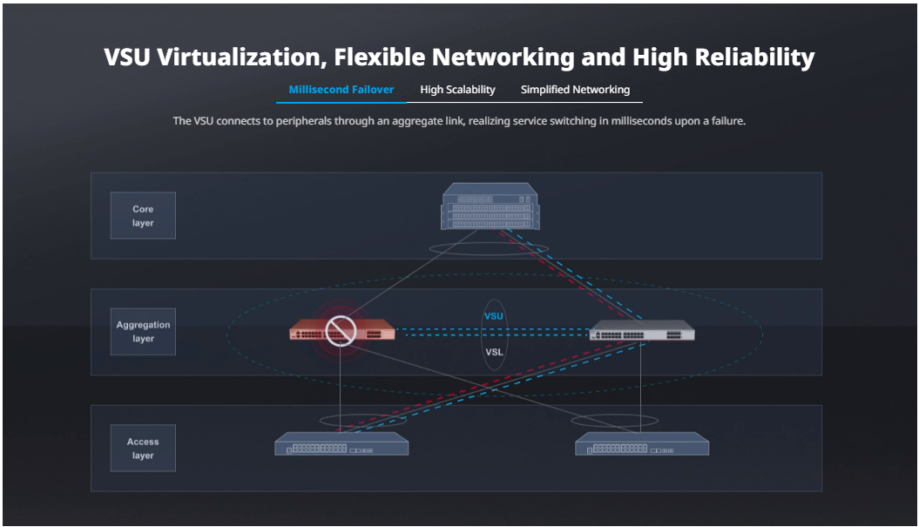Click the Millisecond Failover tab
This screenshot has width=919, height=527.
point(341,90)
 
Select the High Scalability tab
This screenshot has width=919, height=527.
point(457,90)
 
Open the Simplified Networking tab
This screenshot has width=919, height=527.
point(576,90)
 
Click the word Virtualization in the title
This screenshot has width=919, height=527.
point(242,57)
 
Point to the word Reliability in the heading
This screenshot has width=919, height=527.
point(755,57)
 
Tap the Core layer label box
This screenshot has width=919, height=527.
point(143,215)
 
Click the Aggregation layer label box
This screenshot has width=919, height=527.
point(143,332)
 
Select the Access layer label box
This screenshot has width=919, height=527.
point(143,448)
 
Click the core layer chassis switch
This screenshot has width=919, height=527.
point(490,206)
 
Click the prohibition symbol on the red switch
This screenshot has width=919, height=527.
point(341,331)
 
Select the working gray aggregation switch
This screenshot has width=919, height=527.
point(642,330)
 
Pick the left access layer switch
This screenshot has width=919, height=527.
point(341,443)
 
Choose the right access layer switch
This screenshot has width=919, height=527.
point(642,443)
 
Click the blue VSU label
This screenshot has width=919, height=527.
point(494,316)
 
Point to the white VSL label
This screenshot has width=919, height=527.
point(494,352)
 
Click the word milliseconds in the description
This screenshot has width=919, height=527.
point(642,121)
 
